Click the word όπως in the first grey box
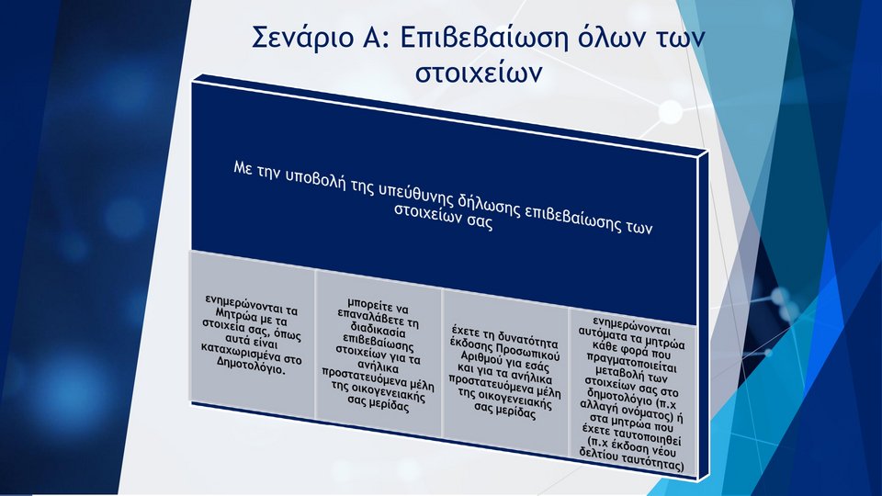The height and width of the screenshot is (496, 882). click(288, 333)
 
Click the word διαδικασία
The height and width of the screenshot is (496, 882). click(377, 330)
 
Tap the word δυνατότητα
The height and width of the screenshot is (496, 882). click(526, 339)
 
